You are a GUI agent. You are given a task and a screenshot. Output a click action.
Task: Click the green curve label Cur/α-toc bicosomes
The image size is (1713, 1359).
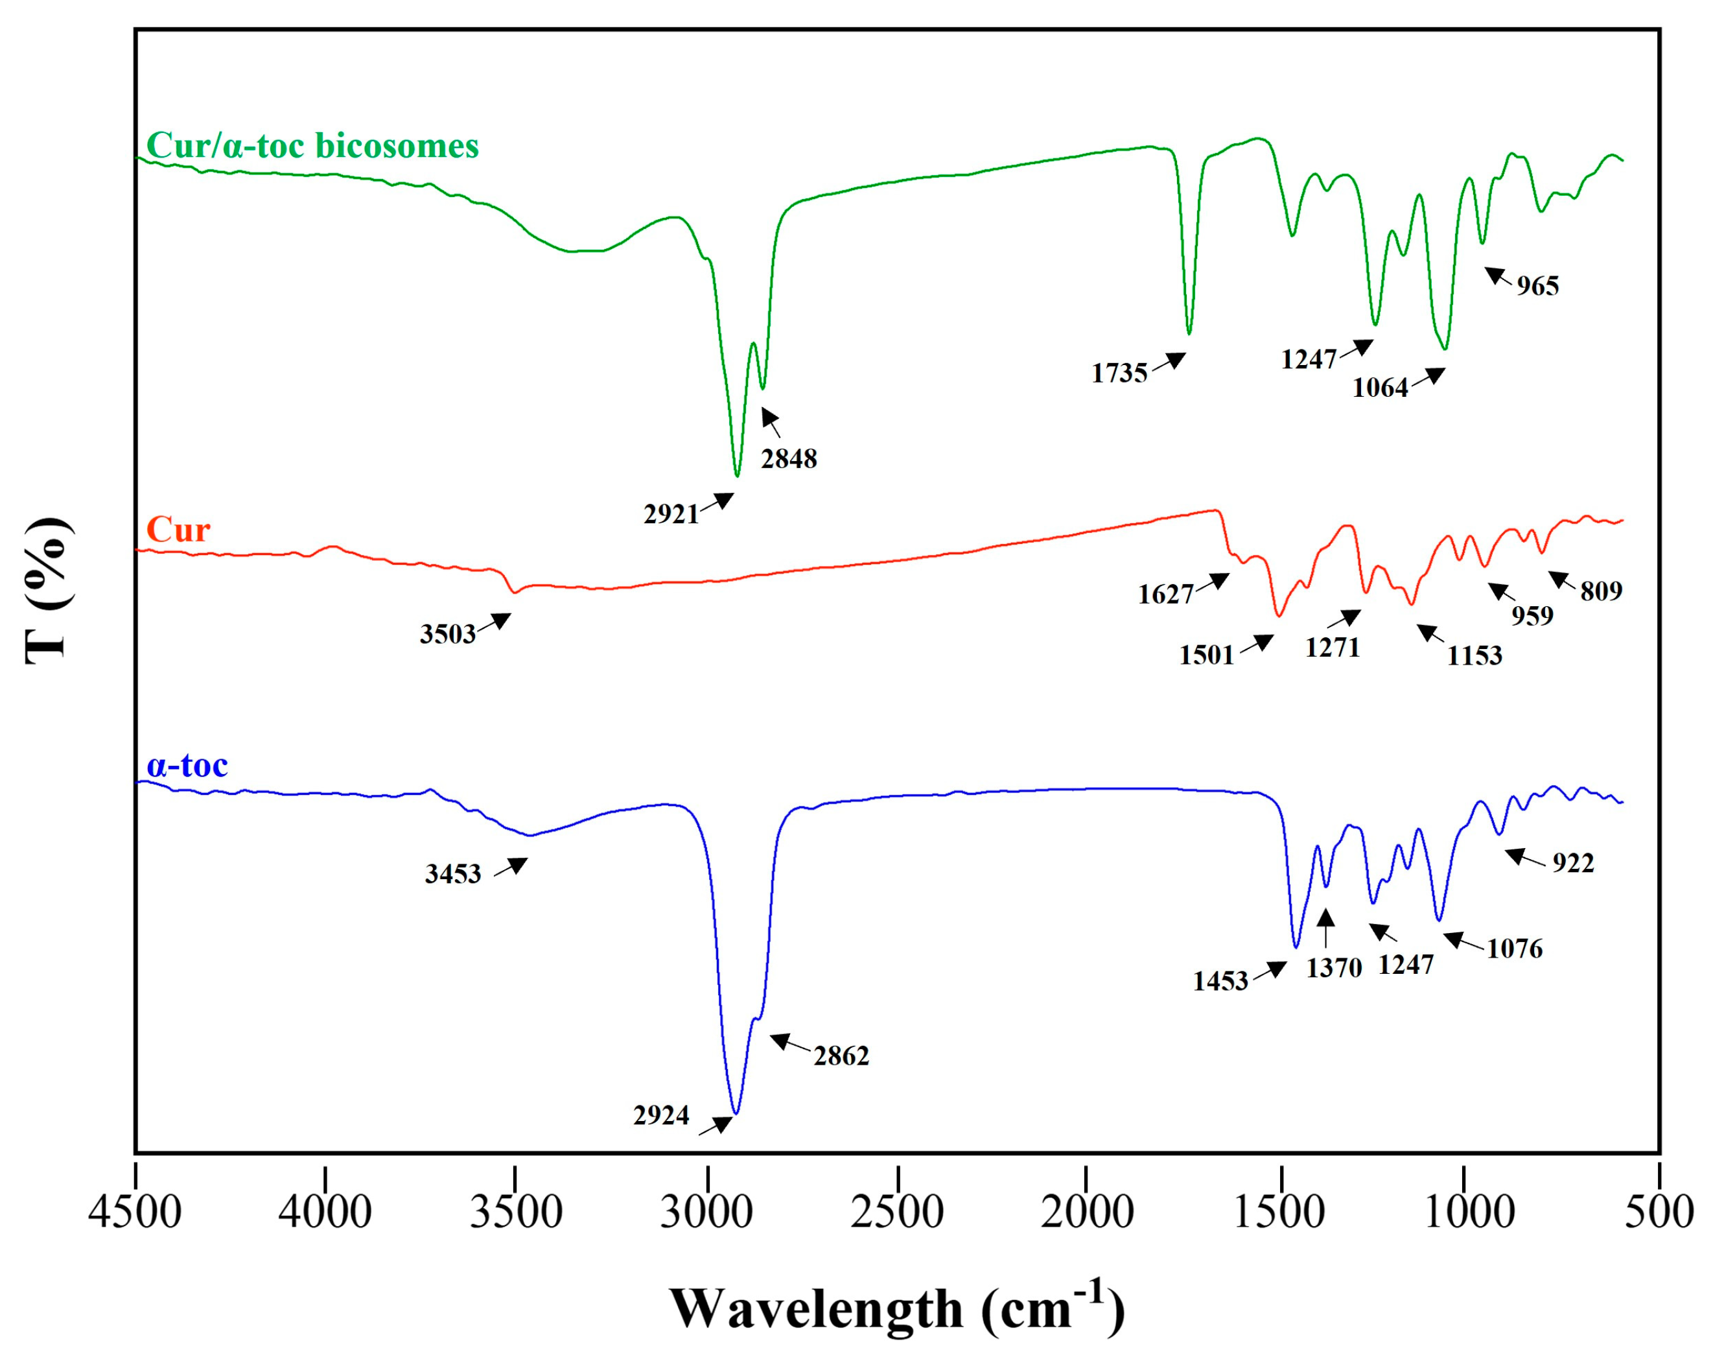pos(312,145)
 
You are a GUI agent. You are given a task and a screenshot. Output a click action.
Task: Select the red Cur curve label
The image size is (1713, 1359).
pos(178,530)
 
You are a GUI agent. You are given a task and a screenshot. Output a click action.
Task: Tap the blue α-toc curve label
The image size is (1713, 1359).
pos(187,765)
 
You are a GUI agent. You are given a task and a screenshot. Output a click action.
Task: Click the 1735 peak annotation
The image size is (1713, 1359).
pos(1119,373)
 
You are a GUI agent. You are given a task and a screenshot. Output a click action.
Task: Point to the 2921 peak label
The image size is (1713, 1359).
pos(671,514)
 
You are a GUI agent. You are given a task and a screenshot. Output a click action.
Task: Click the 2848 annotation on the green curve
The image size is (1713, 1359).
pos(789,458)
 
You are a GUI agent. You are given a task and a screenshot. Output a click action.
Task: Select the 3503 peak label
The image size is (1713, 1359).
pos(447,633)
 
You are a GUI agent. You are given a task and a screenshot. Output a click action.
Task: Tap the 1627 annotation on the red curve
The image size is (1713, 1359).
pos(1165,594)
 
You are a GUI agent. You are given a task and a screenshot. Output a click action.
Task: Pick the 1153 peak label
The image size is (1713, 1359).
pos(1474,656)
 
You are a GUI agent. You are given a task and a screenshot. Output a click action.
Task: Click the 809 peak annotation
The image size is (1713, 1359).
pos(1601,591)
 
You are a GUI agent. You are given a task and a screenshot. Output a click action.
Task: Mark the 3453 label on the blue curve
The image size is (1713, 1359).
pos(453,874)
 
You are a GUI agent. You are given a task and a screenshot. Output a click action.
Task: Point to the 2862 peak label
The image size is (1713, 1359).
pos(841,1056)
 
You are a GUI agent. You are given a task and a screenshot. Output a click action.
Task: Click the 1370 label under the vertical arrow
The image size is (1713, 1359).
pos(1334,968)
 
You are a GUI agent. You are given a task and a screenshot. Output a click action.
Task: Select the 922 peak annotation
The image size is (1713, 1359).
pos(1573,862)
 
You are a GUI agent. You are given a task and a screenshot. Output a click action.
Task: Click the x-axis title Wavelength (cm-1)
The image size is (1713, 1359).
pos(897,1307)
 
